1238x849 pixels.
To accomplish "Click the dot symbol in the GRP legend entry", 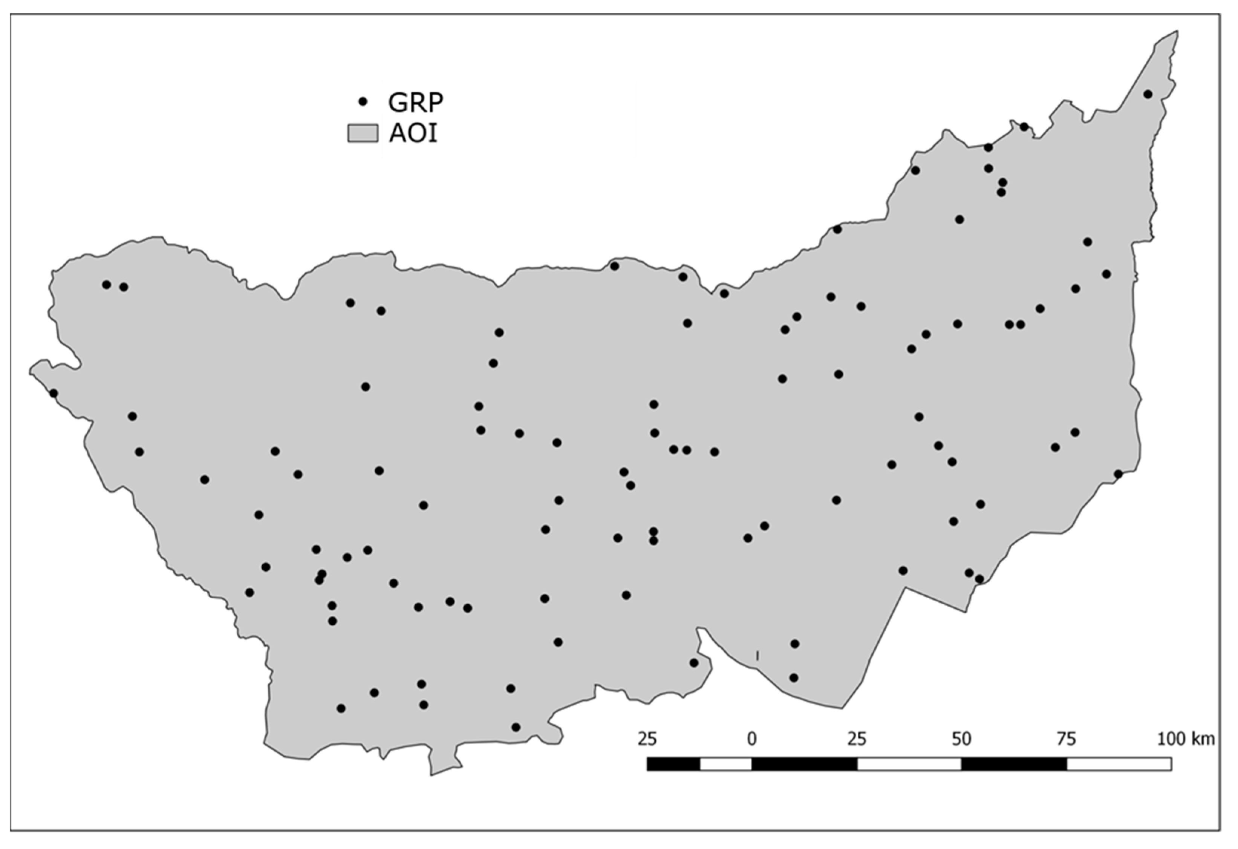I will click(x=363, y=101).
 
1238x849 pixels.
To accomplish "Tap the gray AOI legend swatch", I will click(x=363, y=133).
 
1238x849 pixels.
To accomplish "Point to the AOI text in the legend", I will click(x=413, y=133).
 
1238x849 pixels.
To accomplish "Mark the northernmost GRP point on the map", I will click(x=1148, y=94).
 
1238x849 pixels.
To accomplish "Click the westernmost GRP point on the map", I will click(x=53, y=393).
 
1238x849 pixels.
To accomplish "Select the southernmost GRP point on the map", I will click(x=516, y=727).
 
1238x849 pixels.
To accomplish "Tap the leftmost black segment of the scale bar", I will click(x=673, y=764).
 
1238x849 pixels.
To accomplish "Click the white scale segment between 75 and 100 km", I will click(x=1119, y=764).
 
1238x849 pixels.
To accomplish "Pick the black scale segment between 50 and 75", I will click(x=1014, y=764).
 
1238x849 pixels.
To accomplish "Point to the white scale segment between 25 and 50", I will click(x=909, y=764).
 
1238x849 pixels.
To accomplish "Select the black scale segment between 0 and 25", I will click(x=804, y=764).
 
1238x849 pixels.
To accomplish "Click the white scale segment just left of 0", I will click(x=725, y=764).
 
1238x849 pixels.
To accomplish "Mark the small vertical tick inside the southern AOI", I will click(x=757, y=655).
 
